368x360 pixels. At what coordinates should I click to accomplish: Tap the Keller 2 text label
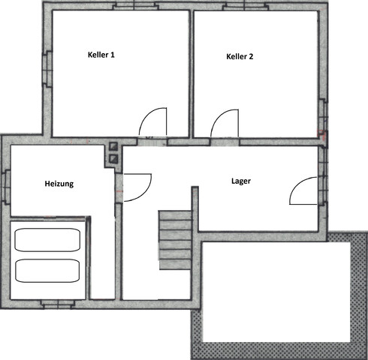(x=240, y=56)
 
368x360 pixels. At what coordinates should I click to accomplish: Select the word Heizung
(x=59, y=183)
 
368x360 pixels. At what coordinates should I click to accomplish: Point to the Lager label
(x=241, y=181)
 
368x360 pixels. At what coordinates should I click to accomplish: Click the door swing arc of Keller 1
(x=155, y=121)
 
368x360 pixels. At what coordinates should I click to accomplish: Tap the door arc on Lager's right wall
(x=304, y=191)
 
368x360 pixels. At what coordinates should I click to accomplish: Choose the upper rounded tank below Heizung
(x=47, y=241)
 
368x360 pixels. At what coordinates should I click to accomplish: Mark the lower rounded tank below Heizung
(x=47, y=270)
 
